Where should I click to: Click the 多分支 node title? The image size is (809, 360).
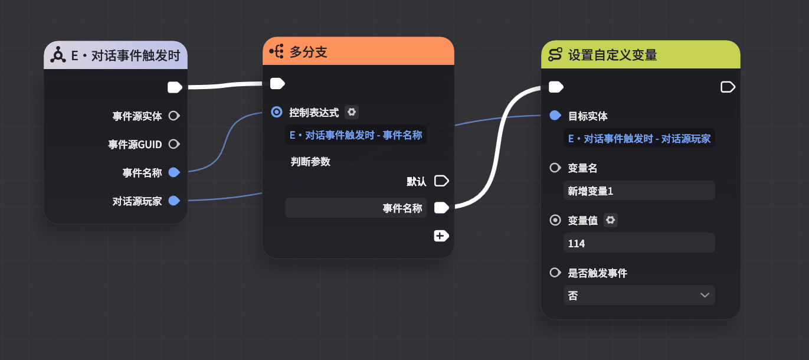tap(309, 53)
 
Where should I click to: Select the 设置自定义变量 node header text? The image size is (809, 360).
tap(613, 55)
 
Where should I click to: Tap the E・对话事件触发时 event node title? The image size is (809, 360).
tap(126, 57)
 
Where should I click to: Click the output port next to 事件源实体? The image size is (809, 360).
tap(173, 116)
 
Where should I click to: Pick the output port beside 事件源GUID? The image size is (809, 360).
tap(173, 144)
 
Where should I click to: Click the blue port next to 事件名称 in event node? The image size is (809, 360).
tap(173, 172)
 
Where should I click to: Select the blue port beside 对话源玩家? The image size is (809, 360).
tap(173, 201)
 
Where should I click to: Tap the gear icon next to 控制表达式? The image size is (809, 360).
tap(352, 112)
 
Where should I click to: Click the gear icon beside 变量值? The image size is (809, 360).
tap(611, 220)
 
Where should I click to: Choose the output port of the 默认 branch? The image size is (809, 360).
tap(441, 181)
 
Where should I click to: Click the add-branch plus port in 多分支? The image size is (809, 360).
tap(441, 236)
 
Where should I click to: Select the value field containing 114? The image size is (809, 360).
tap(639, 243)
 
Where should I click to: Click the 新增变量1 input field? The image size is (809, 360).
tap(639, 191)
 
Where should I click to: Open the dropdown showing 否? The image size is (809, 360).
tap(639, 295)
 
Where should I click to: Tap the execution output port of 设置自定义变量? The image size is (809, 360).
tap(728, 87)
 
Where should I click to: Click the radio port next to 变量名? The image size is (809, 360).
tap(555, 168)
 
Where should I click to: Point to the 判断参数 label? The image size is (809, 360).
tap(310, 162)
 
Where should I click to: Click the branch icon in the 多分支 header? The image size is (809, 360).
tap(277, 52)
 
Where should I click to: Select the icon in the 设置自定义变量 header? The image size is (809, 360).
tap(555, 55)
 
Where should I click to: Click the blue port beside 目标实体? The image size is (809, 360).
tap(555, 116)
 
